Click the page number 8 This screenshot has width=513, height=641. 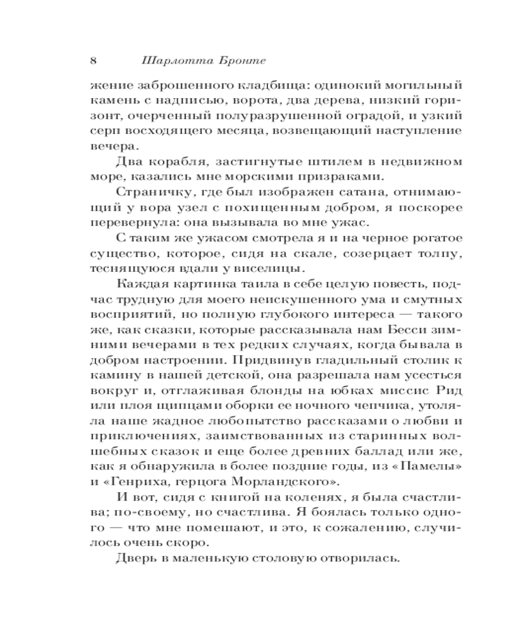click(94, 62)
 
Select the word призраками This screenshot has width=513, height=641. click(350, 177)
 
